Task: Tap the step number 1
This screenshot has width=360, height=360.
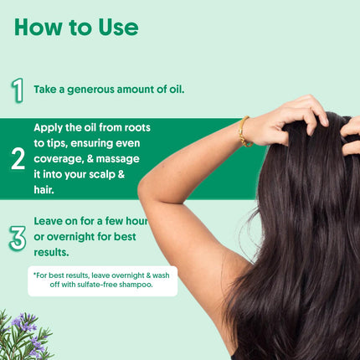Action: (17, 89)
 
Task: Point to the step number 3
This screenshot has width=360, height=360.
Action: (18, 237)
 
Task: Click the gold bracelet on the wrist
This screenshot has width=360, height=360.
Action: (244, 132)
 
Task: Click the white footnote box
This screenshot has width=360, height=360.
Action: (102, 280)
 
